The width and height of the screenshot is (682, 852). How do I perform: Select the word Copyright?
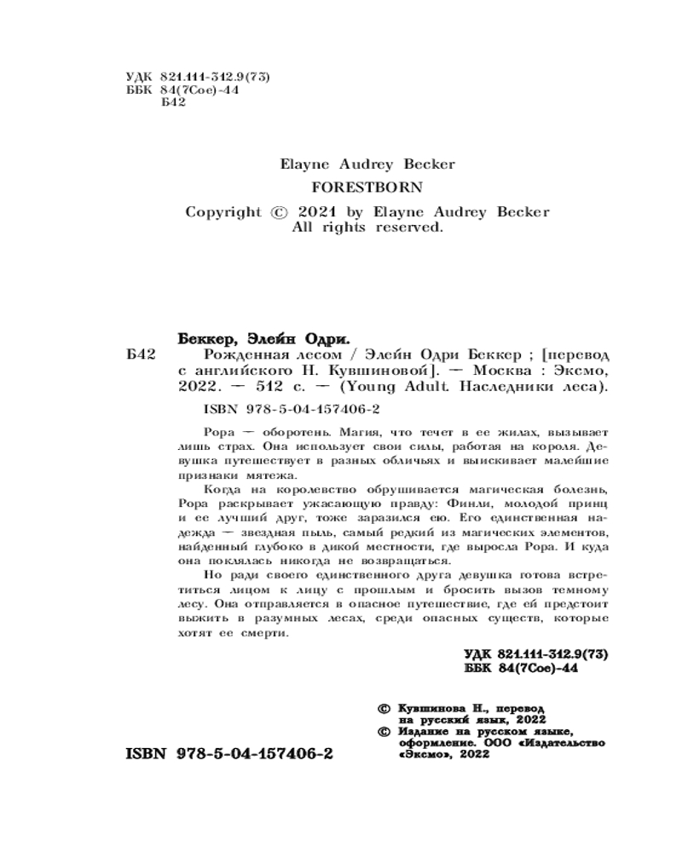click(223, 212)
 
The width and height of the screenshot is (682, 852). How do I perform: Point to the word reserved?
click(409, 228)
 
